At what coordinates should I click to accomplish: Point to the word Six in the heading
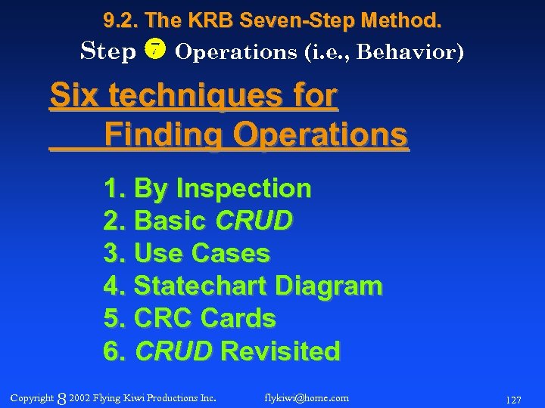tap(75, 97)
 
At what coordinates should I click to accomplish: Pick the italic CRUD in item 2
tap(254, 221)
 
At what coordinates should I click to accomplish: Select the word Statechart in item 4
tap(200, 286)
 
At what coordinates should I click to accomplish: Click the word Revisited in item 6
tap(280, 351)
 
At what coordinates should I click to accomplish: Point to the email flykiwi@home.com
tap(307, 397)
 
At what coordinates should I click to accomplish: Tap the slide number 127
tap(512, 399)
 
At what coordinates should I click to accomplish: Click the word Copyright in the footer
tap(32, 397)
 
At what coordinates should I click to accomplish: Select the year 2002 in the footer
tap(79, 397)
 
